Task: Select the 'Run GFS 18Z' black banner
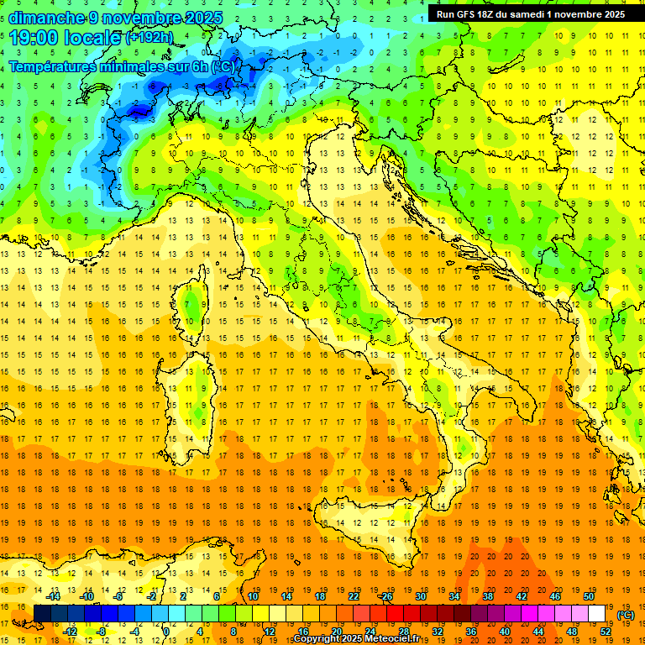tap(530, 14)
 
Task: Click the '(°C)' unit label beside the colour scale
tap(626, 615)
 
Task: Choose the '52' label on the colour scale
tap(606, 631)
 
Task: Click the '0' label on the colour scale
tap(166, 631)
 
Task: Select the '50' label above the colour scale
tap(588, 596)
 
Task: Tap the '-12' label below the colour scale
tap(70, 631)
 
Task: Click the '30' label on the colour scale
tap(421, 596)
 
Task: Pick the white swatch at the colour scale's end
tap(596, 614)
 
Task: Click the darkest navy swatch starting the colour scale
tap(42, 614)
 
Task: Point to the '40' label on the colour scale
tap(505, 631)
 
